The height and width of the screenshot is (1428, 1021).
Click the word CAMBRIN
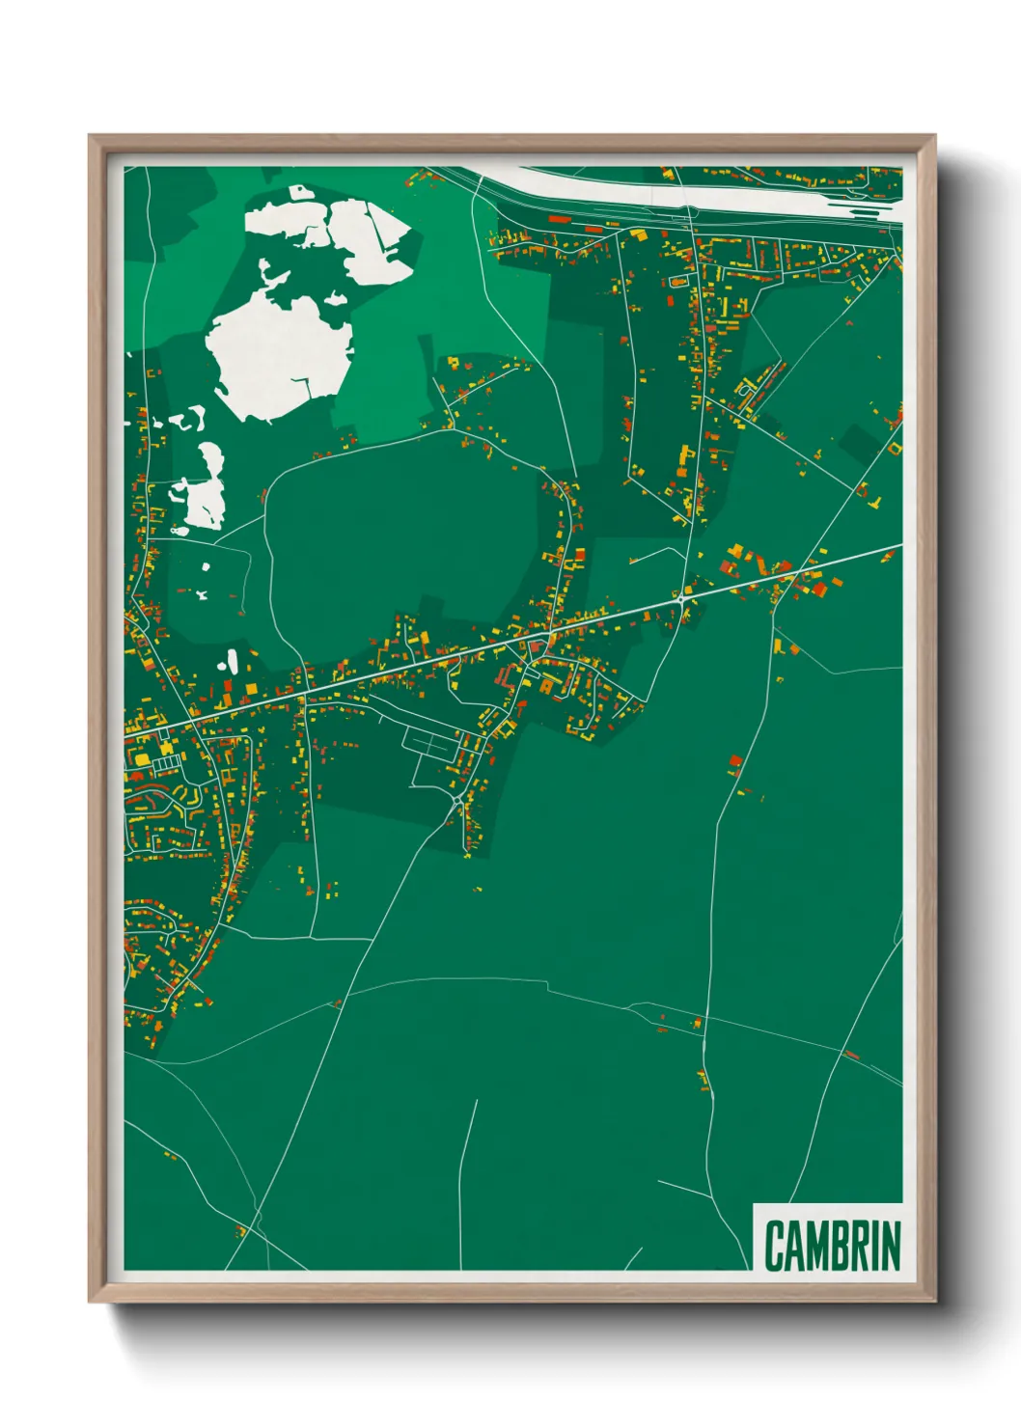tap(833, 1245)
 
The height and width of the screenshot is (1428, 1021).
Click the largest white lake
tap(280, 352)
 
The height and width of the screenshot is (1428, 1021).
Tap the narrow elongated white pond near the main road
tap(232, 662)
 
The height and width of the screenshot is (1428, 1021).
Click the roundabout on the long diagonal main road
tap(680, 598)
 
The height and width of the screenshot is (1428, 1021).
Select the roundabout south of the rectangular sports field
tap(456, 800)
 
